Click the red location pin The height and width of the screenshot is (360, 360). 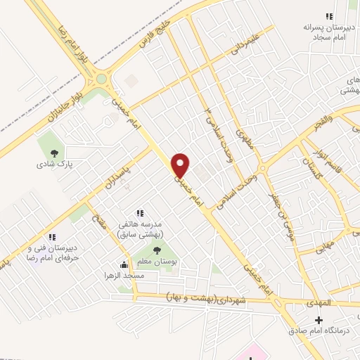[x=181, y=165]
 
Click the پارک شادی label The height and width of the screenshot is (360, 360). [x=56, y=165]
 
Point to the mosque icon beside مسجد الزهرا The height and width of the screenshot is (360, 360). [x=124, y=265]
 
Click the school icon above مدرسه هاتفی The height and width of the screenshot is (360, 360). [x=139, y=212]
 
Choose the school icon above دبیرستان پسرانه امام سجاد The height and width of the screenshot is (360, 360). [x=326, y=15]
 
